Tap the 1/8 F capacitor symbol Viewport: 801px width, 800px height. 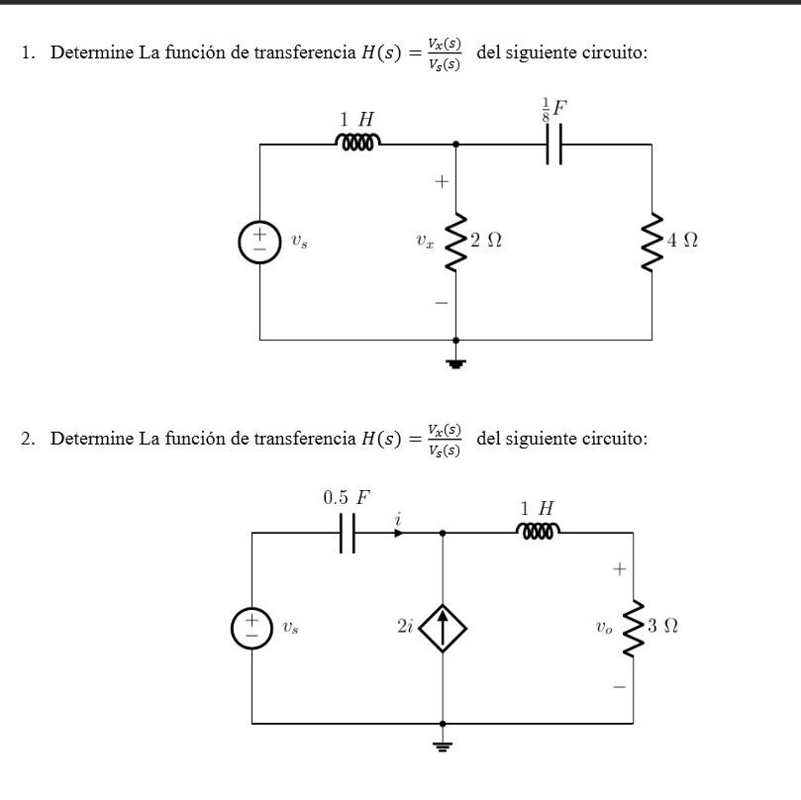tap(553, 145)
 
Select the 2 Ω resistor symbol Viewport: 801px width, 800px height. tap(455, 242)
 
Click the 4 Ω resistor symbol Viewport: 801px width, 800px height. tap(651, 242)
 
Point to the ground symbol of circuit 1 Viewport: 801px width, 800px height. tap(455, 361)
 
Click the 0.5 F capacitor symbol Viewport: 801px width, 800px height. tap(346, 533)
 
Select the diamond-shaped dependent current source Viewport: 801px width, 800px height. tap(443, 627)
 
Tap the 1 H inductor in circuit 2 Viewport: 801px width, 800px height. tap(538, 532)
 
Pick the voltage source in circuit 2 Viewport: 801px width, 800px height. tap(251, 628)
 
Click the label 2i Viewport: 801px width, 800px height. tap(404, 628)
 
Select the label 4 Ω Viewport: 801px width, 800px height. tap(683, 241)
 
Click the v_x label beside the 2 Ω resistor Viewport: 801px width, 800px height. tap(424, 241)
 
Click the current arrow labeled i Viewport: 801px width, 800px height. tap(398, 532)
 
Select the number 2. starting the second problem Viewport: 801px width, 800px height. tap(29, 439)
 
